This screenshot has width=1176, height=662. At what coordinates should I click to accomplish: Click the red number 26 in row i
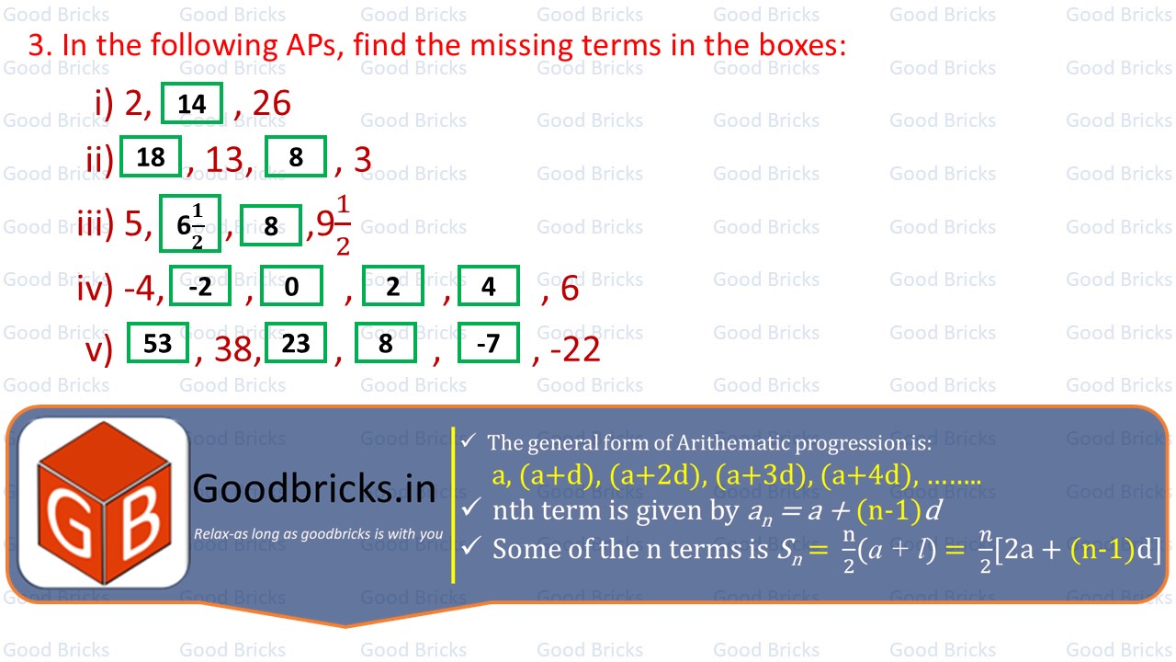[x=272, y=103]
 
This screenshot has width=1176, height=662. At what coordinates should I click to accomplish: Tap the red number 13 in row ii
[x=225, y=159]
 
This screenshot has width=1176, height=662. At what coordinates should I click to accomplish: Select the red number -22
[x=575, y=349]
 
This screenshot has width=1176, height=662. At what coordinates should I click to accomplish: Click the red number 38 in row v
[x=233, y=349]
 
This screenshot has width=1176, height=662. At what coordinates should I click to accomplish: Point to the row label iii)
[x=96, y=223]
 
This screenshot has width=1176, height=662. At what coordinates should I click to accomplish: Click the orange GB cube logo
[x=105, y=503]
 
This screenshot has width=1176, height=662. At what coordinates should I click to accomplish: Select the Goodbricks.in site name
[x=314, y=489]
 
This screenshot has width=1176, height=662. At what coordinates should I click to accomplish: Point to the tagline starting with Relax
[x=319, y=534]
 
